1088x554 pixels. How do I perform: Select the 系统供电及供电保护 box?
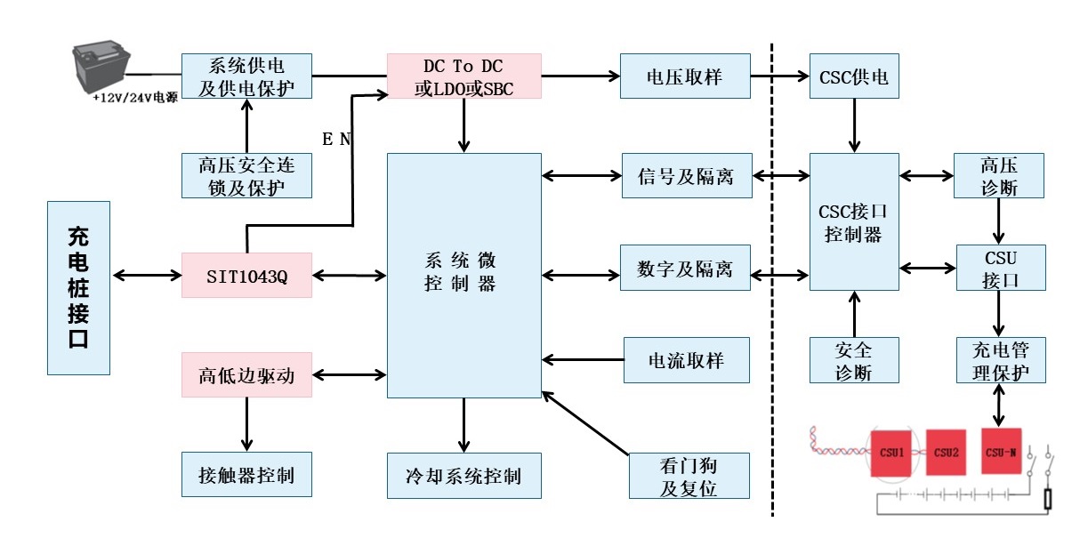coord(247,76)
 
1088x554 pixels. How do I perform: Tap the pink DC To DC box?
coord(463,76)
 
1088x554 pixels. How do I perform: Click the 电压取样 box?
coord(685,76)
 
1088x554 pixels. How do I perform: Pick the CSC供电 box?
coord(854,76)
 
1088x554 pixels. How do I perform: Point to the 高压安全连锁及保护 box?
coord(247,175)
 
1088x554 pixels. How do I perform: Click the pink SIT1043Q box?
coord(247,276)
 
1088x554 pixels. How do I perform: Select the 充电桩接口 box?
coord(78,287)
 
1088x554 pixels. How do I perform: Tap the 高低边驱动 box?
coord(247,375)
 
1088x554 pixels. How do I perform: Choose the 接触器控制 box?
coord(247,475)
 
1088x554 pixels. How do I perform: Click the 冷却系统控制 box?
coord(463,475)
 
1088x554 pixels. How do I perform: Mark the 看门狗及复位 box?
coord(689,476)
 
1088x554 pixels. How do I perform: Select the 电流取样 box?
coord(685,359)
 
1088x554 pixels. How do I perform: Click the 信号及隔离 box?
coord(685,175)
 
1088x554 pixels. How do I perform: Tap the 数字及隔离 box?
coord(685,269)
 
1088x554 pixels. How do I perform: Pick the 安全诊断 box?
coord(854,359)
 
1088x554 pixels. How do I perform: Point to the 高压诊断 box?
coord(1000,175)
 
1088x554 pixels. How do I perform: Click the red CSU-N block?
coord(1001,452)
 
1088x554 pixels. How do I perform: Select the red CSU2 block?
coord(946,453)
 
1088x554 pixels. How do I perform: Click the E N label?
coord(336,139)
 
